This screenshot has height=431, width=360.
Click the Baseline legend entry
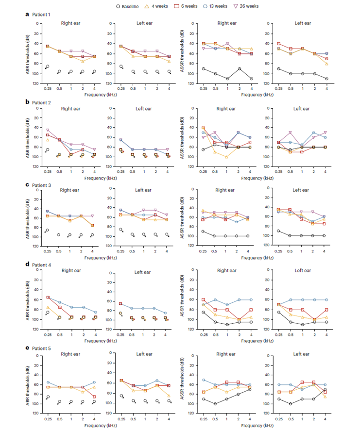(127, 6)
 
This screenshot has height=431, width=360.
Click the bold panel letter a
(27, 15)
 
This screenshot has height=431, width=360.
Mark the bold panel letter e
(27, 350)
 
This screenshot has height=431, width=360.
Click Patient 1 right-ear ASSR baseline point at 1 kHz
(227, 79)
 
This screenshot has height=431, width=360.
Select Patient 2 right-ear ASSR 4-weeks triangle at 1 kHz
(227, 157)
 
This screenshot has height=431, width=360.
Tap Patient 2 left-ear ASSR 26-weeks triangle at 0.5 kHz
(290, 133)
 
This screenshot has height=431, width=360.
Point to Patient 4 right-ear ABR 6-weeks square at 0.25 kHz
(48, 297)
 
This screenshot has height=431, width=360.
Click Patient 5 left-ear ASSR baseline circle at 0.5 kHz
(290, 403)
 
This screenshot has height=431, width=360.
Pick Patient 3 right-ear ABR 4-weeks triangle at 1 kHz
(71, 221)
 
